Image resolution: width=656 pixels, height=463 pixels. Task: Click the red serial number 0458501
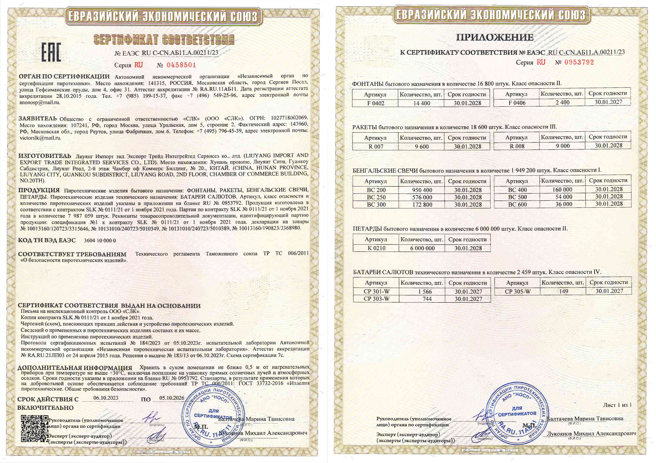181,65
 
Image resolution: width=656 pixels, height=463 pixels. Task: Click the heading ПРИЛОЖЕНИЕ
494,37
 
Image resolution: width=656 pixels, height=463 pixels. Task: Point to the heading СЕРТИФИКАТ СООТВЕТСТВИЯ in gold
164,40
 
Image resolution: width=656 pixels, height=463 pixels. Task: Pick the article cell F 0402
375,103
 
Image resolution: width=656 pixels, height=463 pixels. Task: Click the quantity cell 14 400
421,103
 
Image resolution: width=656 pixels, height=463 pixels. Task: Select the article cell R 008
517,146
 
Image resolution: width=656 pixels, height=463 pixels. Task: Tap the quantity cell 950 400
422,190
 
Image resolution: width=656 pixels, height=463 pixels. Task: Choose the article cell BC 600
517,204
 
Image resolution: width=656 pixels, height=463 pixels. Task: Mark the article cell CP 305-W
518,291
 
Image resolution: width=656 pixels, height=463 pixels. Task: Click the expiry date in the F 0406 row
608,102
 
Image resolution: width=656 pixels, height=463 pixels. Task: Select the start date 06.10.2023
106,398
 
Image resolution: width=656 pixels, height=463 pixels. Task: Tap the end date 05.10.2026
172,398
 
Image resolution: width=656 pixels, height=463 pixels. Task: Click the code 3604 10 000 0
100,241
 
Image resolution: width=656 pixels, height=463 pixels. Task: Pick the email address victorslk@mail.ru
40,138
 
